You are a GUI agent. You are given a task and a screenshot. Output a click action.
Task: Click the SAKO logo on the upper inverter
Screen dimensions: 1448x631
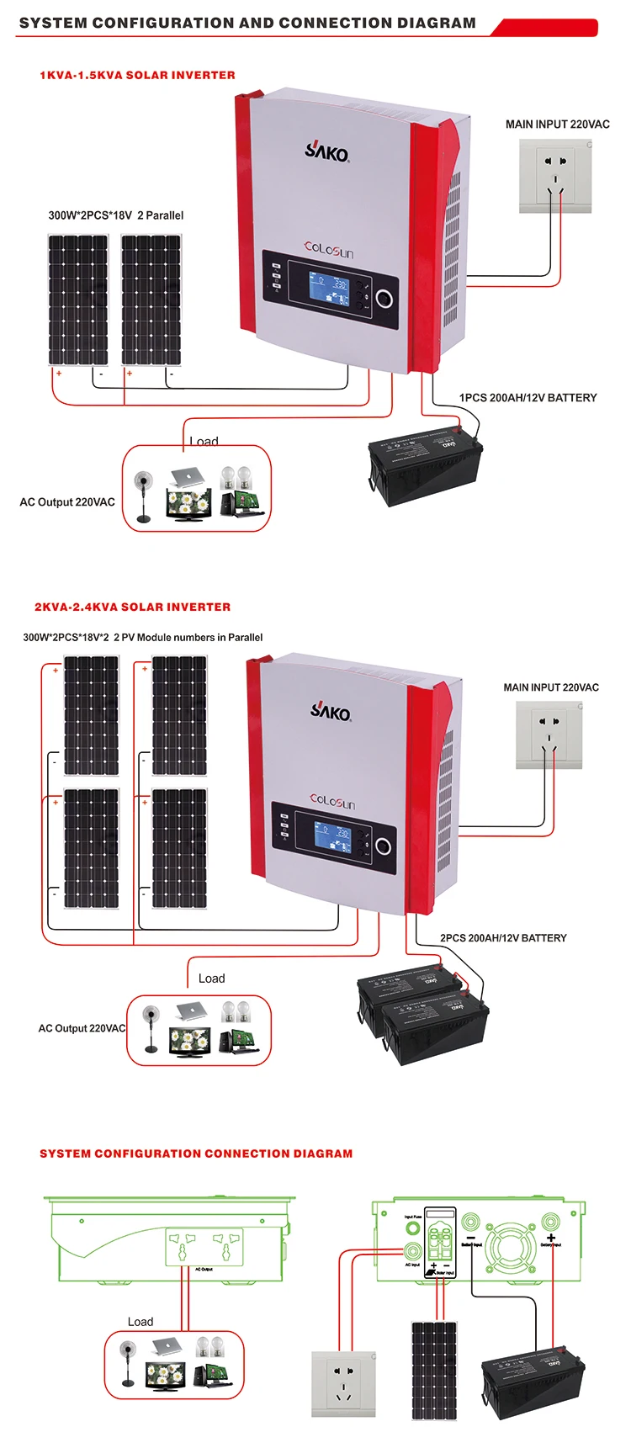click(x=326, y=151)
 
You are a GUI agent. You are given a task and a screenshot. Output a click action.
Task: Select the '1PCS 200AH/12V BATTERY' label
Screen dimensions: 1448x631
click(x=528, y=398)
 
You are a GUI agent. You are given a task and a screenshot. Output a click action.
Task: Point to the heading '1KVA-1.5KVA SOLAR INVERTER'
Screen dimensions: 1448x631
click(x=137, y=75)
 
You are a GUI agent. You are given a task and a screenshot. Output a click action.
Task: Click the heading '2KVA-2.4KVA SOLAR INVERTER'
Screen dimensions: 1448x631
click(x=132, y=607)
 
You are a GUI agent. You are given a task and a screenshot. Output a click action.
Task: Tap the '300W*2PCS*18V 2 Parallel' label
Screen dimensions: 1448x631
click(x=115, y=215)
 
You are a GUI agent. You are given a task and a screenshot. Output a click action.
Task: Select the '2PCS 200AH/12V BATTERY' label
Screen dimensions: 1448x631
click(x=503, y=938)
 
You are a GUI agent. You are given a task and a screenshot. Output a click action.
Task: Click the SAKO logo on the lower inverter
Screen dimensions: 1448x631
click(x=331, y=711)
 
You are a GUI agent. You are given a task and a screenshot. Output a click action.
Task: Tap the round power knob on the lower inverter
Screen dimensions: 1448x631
click(x=383, y=846)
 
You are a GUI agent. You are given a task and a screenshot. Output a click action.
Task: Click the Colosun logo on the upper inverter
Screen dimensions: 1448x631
click(x=329, y=250)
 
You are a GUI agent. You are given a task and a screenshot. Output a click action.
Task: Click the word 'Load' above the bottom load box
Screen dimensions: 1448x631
click(x=141, y=1322)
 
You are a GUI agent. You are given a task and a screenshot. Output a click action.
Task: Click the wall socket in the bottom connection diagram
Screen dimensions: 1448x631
click(x=345, y=1383)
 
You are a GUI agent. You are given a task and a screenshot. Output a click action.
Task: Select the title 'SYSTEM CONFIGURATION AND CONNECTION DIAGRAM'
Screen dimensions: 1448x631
click(x=247, y=24)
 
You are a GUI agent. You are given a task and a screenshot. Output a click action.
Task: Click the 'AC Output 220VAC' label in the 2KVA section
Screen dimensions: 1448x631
click(x=82, y=1028)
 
